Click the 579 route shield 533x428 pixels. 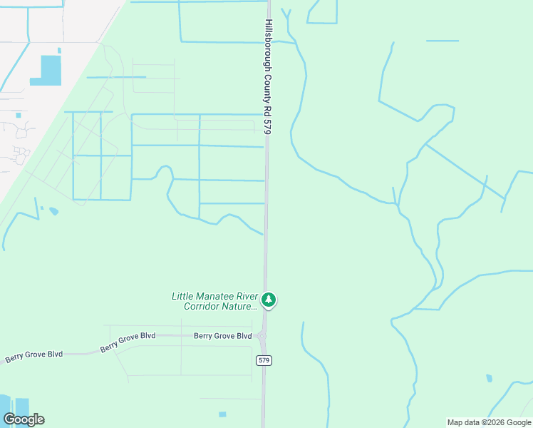pos(264,361)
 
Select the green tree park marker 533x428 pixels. pos(269,300)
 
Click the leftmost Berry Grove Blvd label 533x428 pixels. pos(34,355)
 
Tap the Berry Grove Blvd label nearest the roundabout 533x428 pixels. pos(223,336)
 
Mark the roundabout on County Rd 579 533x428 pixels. pos(262,336)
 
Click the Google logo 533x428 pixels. pos(24,419)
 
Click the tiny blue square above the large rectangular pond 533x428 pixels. pos(59,50)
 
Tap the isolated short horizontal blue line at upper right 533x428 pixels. pos(443,41)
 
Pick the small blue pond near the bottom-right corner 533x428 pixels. pos(488,378)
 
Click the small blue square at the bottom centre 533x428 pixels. pos(222,414)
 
